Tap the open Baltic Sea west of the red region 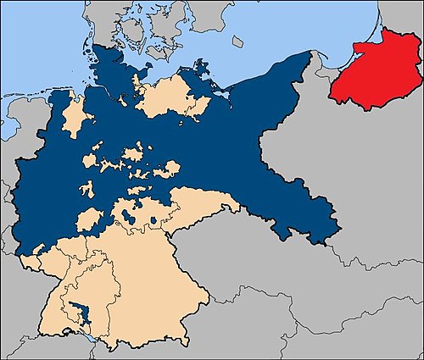[280, 34]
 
